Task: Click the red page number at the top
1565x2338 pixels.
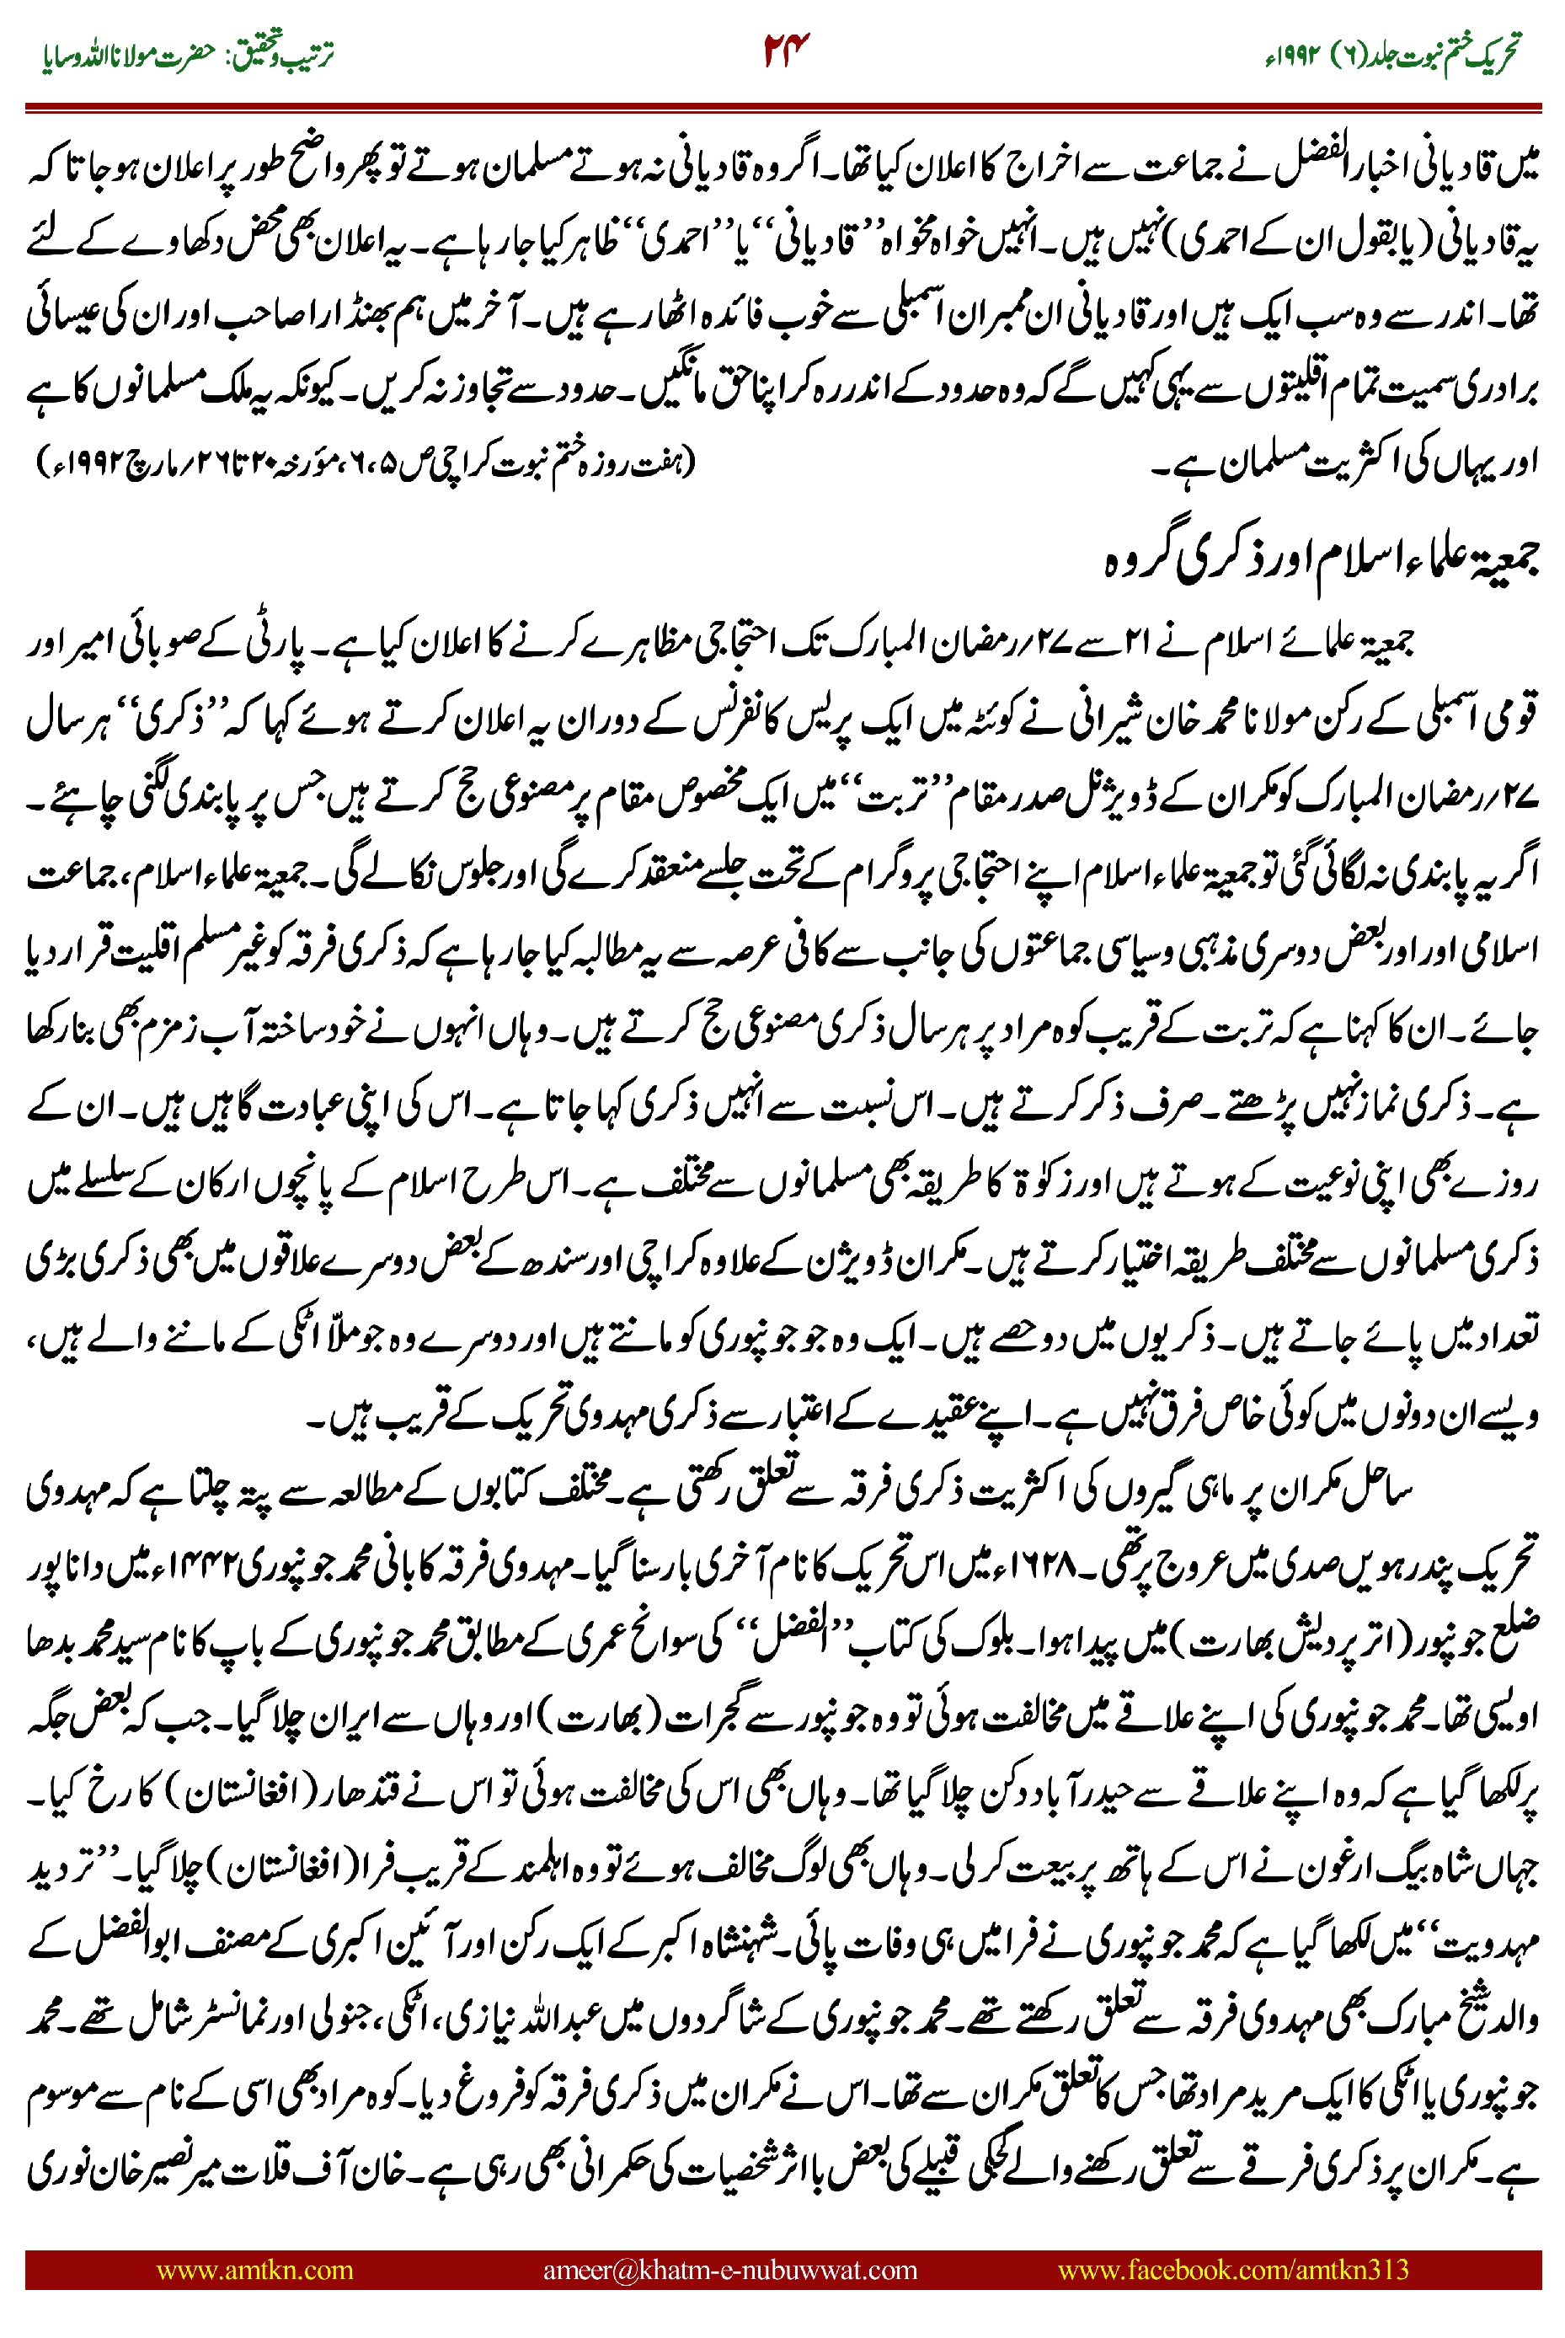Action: (786, 51)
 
